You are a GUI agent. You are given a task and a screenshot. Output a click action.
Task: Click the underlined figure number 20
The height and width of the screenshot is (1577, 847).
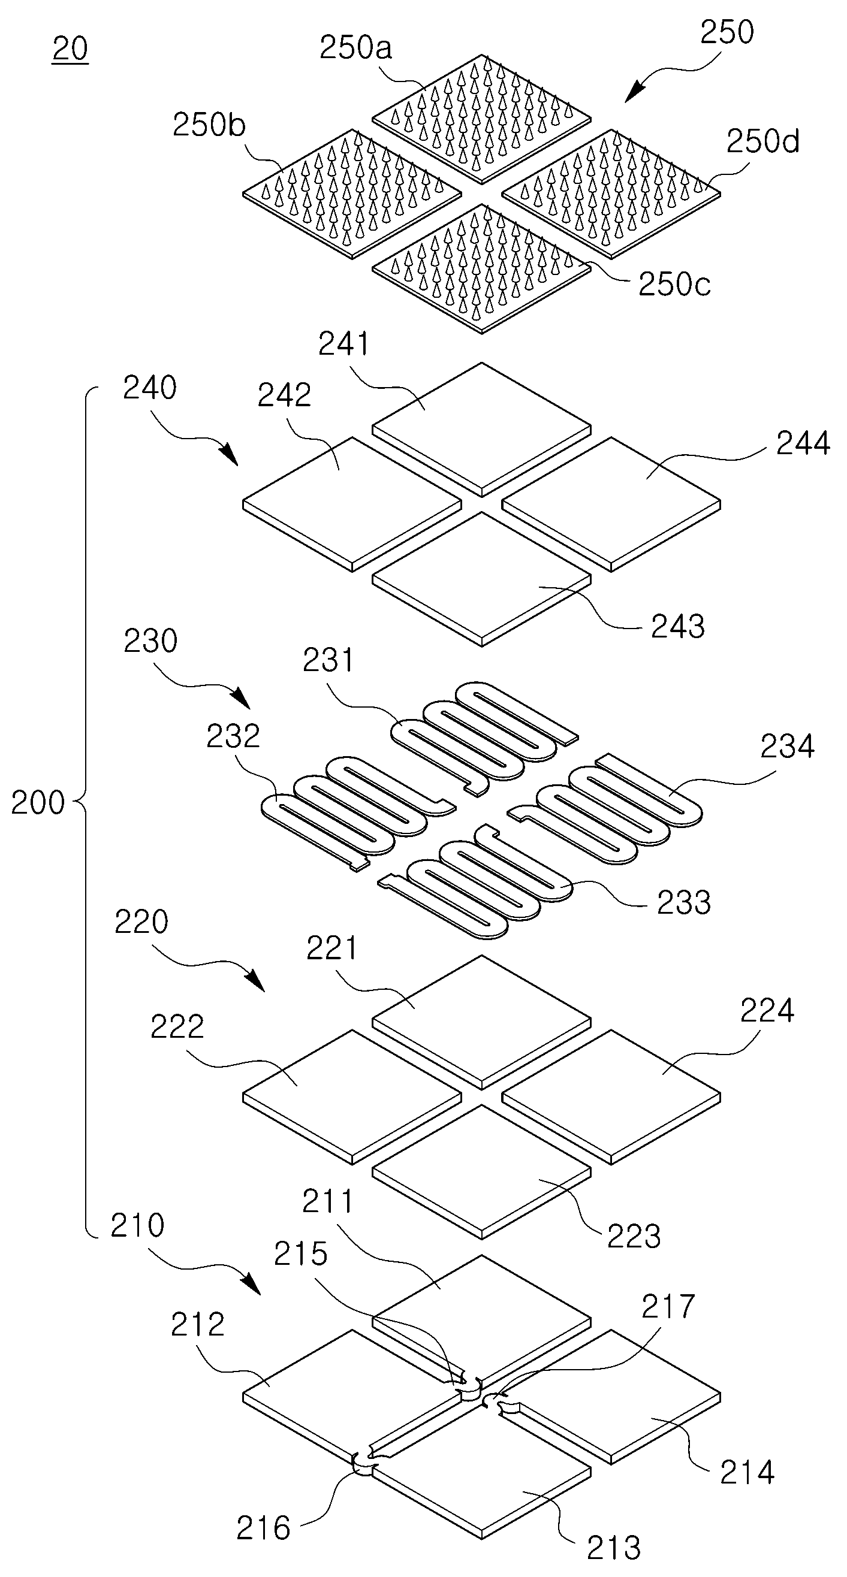click(70, 49)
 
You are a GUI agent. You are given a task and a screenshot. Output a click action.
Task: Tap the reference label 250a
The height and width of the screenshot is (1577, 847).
click(356, 48)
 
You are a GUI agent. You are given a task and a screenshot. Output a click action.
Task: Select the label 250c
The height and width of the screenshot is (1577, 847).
click(674, 284)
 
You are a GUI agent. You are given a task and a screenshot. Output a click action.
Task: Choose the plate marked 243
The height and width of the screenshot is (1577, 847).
click(481, 579)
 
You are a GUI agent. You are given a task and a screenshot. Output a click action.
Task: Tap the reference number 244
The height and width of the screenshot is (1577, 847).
click(803, 443)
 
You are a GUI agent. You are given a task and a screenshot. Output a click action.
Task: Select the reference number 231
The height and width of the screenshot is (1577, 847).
click(329, 660)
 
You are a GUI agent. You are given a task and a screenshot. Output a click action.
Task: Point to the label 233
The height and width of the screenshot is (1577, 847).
click(683, 902)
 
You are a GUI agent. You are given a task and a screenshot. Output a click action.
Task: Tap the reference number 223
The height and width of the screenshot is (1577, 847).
click(634, 1236)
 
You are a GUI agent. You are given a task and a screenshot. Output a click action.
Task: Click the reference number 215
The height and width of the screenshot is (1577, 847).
click(300, 1255)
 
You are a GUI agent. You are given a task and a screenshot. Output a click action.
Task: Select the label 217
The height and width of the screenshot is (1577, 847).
click(668, 1306)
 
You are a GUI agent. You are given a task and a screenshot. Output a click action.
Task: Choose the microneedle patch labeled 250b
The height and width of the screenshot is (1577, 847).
click(351, 193)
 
